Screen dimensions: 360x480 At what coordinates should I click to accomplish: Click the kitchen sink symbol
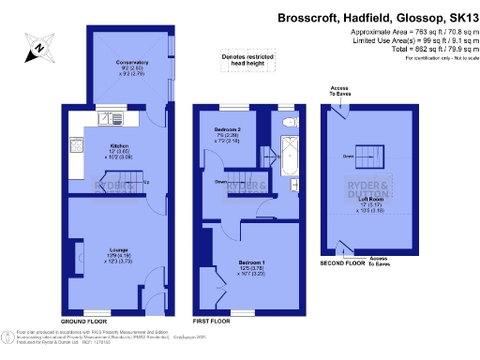pyautogui.click(x=110, y=118)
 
